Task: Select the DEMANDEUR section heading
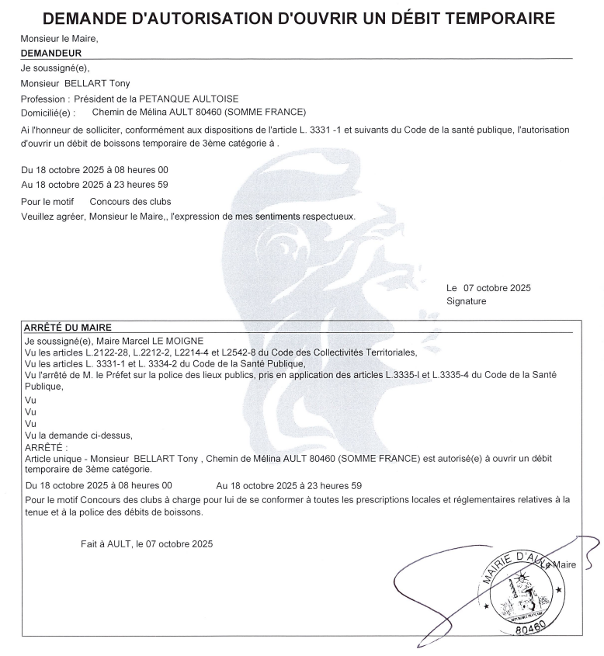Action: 51,53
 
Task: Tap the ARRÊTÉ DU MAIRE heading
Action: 68,328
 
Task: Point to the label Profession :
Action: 47,99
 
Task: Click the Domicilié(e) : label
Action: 50,112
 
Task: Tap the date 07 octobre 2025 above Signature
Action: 497,288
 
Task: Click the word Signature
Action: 467,300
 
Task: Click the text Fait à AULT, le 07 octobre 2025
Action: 146,544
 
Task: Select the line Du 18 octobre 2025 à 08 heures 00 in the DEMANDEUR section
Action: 95,169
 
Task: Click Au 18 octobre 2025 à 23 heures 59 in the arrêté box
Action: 290,485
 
